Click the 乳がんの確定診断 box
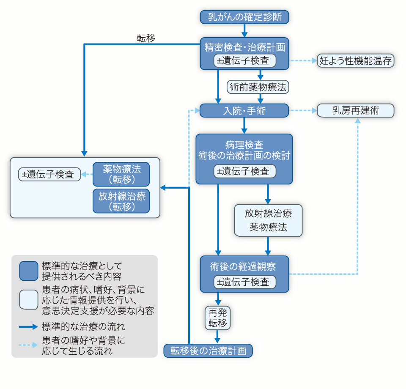[x=244, y=17]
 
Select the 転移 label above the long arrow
[x=146, y=38]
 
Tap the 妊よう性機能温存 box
[x=356, y=60]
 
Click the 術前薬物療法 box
[x=257, y=87]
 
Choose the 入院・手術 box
[x=244, y=111]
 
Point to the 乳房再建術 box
[x=355, y=111]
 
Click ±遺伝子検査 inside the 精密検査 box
[x=245, y=60]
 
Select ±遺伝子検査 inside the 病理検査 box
[x=245, y=171]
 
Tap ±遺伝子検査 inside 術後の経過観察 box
[x=245, y=282]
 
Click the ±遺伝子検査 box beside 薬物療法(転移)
[x=50, y=174]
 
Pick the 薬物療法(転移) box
[x=121, y=174]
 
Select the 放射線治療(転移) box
[x=121, y=201]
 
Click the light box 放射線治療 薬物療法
[x=268, y=220]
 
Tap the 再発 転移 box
[x=218, y=318]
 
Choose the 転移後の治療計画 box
[x=208, y=351]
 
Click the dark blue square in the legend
[x=29, y=271]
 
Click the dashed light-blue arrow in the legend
[x=29, y=345]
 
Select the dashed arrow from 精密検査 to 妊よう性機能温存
[x=303, y=60]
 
